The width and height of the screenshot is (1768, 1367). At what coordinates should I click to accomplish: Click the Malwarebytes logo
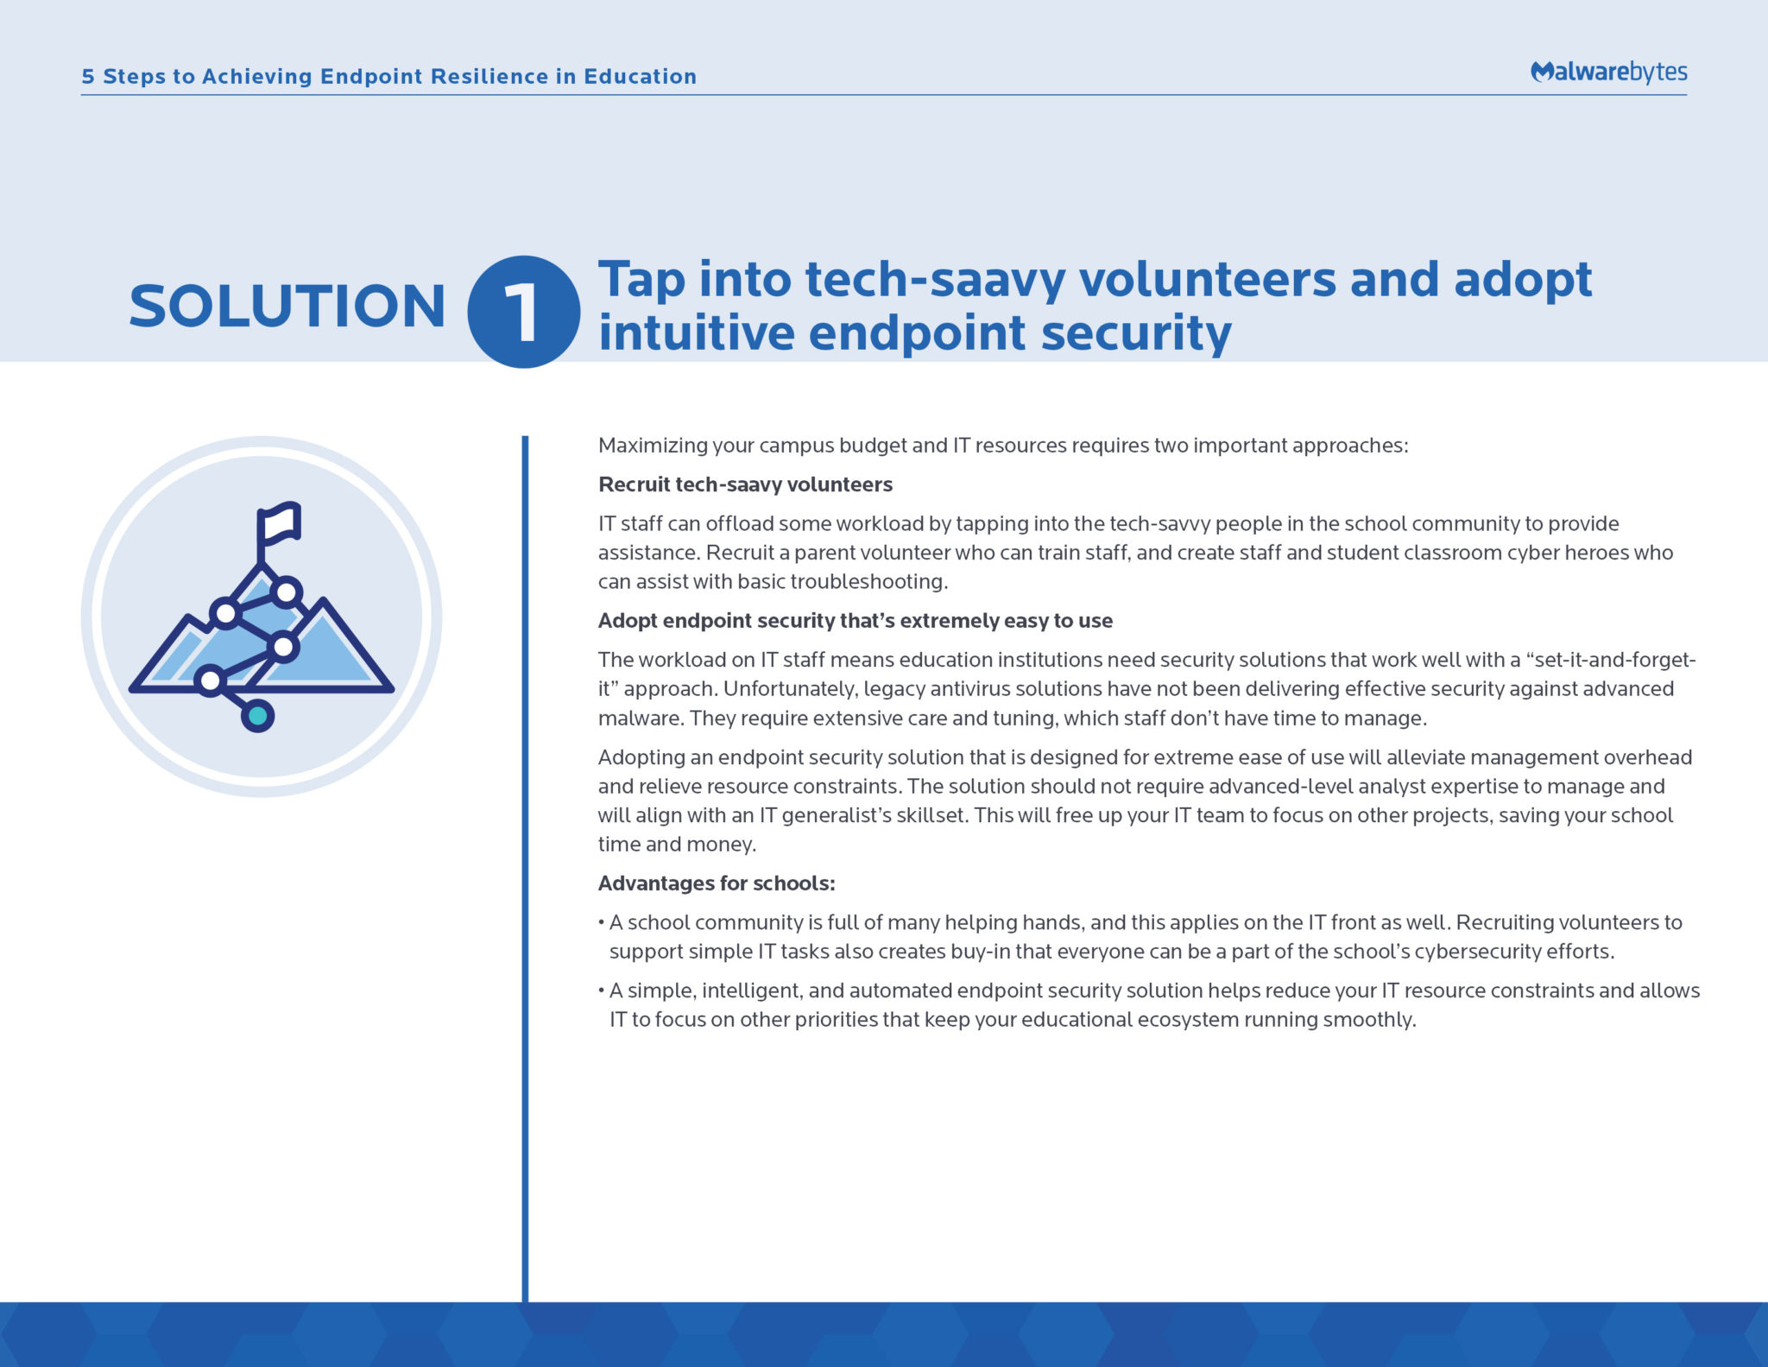[x=1608, y=72]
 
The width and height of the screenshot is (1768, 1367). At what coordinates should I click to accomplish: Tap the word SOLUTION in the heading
[x=287, y=307]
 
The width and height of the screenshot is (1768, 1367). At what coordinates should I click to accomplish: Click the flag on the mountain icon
[x=279, y=524]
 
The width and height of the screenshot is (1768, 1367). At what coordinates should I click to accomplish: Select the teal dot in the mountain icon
[x=257, y=715]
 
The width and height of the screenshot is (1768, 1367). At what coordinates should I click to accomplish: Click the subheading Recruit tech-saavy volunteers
[x=745, y=484]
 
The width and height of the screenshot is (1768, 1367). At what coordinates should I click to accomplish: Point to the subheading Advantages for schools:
[x=717, y=883]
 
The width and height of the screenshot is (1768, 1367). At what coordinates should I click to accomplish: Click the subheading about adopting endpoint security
[x=856, y=621]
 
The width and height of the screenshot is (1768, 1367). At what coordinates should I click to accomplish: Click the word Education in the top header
[x=641, y=76]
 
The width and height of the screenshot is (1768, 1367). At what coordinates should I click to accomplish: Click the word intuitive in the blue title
[x=697, y=332]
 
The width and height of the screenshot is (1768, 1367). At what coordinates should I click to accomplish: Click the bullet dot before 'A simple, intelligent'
[x=601, y=990]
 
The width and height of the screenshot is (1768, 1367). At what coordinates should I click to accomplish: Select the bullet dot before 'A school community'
[x=601, y=922]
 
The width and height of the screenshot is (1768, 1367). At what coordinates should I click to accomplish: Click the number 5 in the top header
[x=88, y=76]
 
